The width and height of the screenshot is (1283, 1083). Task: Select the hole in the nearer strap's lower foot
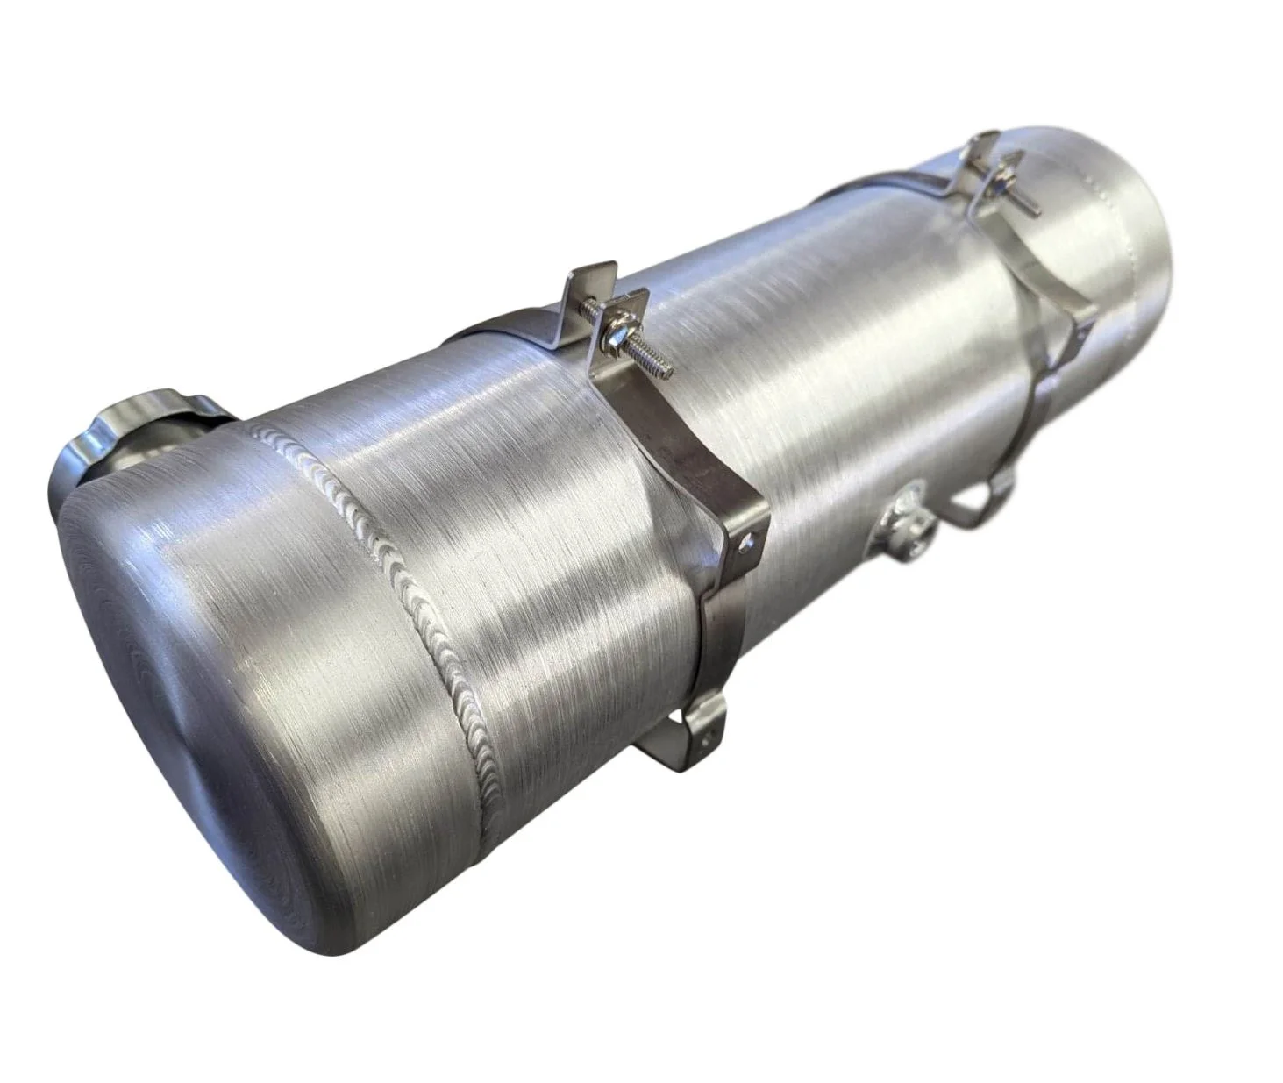click(x=709, y=723)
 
